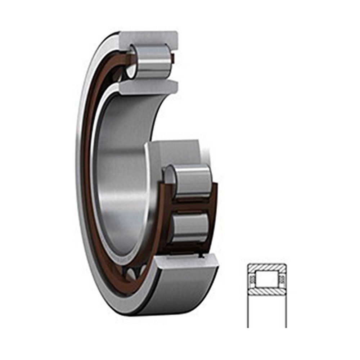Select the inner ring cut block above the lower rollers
pyautogui.click(x=173, y=151)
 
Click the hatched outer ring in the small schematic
pyautogui.click(x=267, y=268)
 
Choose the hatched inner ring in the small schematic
pyautogui.click(x=267, y=290)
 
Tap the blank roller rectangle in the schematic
pyautogui.click(x=267, y=279)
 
